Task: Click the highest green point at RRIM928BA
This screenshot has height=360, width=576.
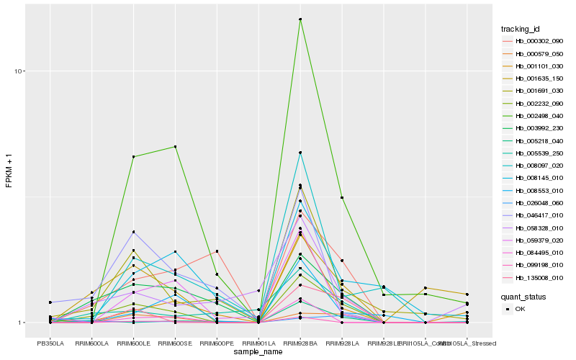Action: [300, 19]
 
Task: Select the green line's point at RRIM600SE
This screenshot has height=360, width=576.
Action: [175, 147]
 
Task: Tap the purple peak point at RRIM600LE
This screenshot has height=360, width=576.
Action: [133, 232]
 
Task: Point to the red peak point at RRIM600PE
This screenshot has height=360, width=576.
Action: [217, 251]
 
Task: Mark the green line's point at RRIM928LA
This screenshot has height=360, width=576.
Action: [342, 197]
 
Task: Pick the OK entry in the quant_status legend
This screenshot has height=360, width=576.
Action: [521, 309]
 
